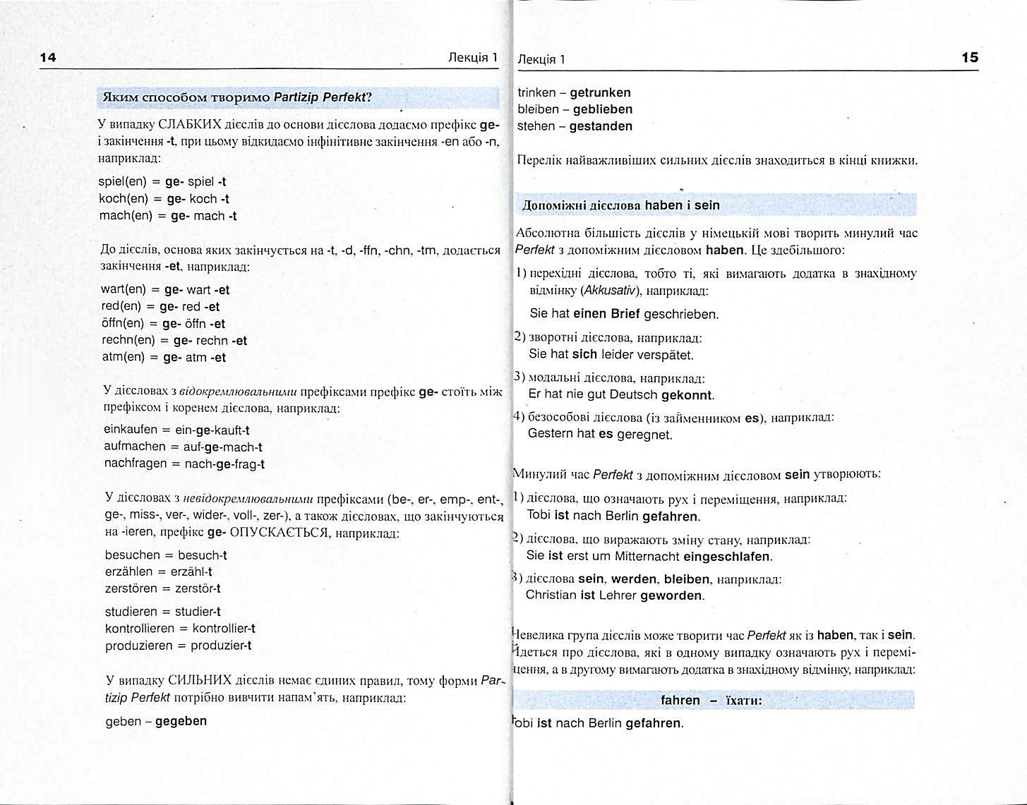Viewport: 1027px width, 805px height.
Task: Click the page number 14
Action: [48, 58]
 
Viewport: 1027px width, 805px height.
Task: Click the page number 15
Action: [970, 58]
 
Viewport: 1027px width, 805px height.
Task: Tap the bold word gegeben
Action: [181, 721]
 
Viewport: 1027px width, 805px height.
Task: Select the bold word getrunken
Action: [600, 92]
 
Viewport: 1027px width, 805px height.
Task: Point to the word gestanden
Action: [601, 126]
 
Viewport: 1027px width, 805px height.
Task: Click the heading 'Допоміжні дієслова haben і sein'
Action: [620, 205]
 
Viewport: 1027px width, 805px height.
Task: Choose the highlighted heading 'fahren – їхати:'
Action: [711, 701]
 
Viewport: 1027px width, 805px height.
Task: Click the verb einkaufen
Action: [131, 430]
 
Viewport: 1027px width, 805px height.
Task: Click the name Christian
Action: [551, 595]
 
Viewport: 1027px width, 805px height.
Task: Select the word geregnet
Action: [644, 434]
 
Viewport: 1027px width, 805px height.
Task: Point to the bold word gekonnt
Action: [687, 395]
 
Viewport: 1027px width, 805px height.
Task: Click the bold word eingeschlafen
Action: [726, 556]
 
